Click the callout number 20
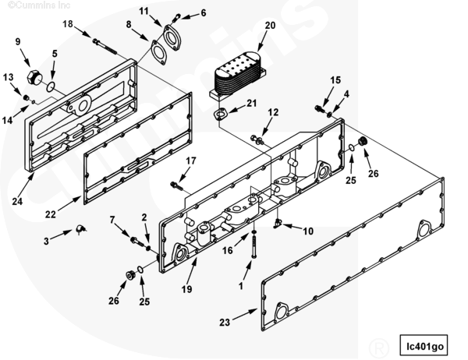270,26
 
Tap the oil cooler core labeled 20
238,75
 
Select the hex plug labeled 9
34,78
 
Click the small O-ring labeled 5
51,86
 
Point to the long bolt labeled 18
105,47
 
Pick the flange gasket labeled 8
159,52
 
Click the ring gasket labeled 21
221,115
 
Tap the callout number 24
17,202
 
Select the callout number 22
51,214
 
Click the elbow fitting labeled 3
80,229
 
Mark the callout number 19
187,289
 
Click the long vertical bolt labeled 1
253,247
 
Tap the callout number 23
225,322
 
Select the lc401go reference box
424,345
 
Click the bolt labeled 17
176,185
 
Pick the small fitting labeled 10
278,224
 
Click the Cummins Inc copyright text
39,5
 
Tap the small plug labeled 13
26,97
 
